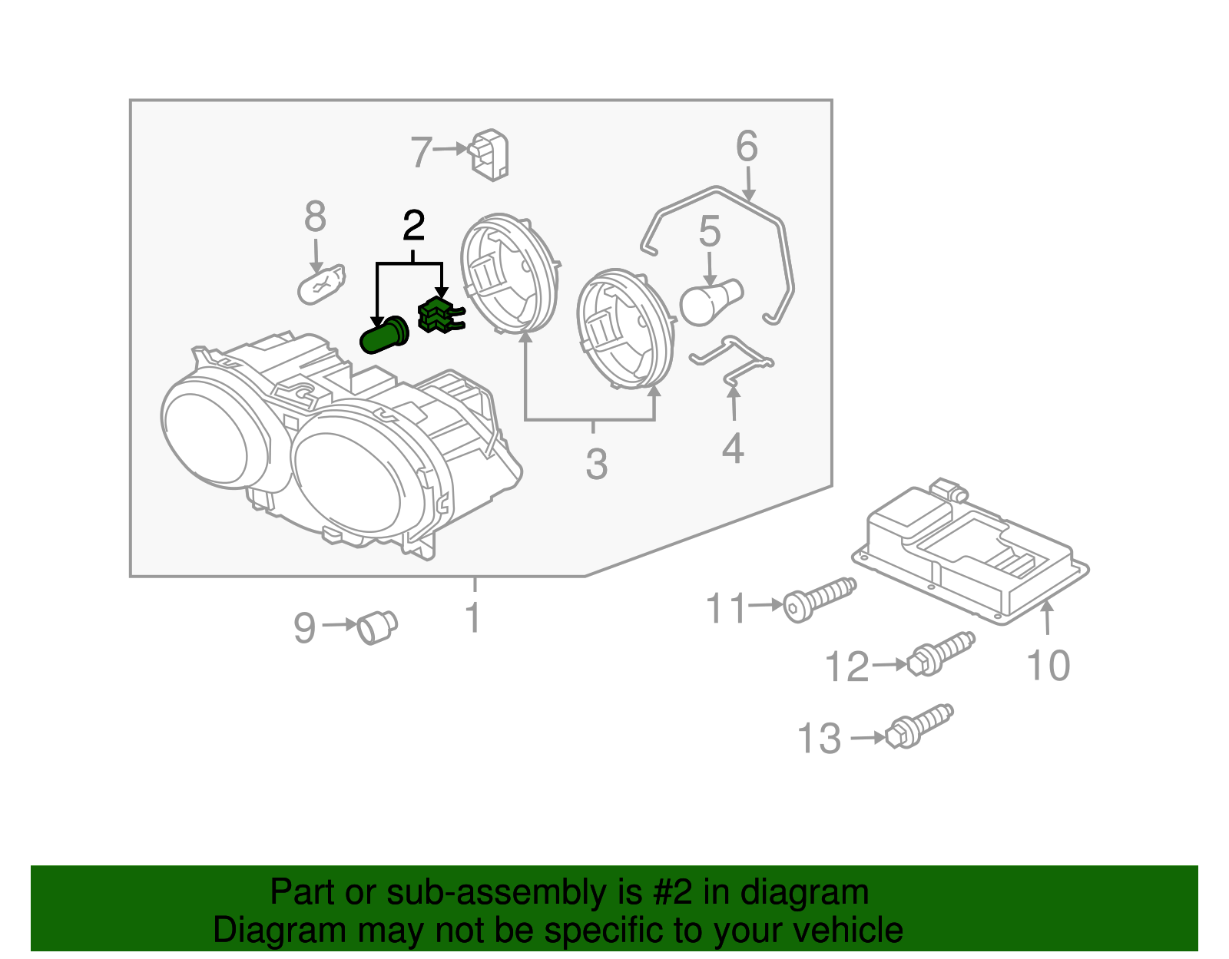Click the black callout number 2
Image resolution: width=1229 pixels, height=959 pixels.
(413, 226)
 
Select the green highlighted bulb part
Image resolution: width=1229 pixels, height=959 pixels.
(383, 336)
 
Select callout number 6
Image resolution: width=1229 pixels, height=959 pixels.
(747, 146)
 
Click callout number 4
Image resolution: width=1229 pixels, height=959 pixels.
(733, 448)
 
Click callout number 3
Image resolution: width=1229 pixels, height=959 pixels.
(596, 464)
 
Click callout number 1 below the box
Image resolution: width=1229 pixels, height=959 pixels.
(474, 617)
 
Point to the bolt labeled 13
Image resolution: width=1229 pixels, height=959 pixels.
(919, 726)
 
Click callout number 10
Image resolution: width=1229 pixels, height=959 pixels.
(1048, 665)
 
